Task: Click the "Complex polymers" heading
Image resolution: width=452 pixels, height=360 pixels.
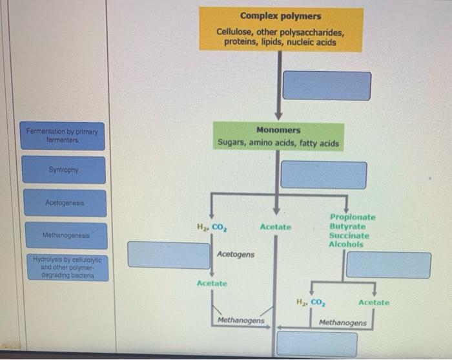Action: (280, 16)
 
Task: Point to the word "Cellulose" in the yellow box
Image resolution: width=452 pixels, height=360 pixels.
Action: (235, 32)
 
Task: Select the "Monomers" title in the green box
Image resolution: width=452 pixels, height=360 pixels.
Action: (278, 130)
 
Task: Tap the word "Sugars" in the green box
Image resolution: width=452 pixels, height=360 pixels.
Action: (231, 143)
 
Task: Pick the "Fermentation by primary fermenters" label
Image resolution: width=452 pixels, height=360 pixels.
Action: (62, 135)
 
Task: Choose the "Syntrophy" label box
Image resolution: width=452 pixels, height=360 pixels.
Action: (63, 170)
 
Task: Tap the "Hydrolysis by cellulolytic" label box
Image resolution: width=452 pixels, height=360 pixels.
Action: (63, 267)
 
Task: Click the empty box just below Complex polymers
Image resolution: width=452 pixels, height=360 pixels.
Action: (327, 85)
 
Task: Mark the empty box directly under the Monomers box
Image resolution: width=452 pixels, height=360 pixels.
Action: (324, 175)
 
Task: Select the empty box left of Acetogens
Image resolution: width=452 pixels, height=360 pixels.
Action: (169, 254)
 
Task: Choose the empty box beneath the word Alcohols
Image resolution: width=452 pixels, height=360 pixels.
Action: (388, 265)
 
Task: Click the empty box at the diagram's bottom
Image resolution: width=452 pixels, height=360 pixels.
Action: (316, 343)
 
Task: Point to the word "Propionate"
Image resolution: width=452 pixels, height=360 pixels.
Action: (352, 218)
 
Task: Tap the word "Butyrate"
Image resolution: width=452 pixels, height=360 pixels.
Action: (347, 227)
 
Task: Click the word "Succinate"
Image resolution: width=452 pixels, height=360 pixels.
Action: (349, 236)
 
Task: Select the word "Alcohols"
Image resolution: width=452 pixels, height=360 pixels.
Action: (346, 244)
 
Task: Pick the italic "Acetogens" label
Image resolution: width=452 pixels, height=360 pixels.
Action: (236, 255)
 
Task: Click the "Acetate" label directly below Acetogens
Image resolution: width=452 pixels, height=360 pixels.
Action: (212, 284)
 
